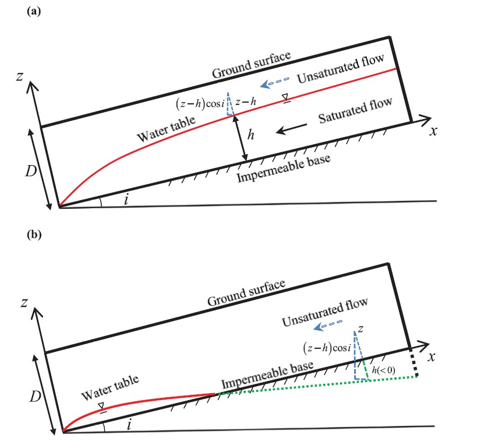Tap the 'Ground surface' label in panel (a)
(x=251, y=65)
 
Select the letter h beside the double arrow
(x=251, y=135)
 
